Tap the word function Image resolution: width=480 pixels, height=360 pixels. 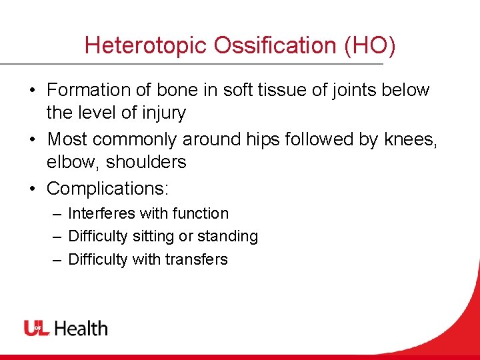click(x=200, y=214)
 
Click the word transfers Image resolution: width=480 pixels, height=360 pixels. click(x=197, y=259)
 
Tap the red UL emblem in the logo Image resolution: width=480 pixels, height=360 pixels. click(x=37, y=328)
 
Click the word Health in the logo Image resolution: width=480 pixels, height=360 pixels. click(x=81, y=328)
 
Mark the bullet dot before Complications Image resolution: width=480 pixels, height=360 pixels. click(x=31, y=189)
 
